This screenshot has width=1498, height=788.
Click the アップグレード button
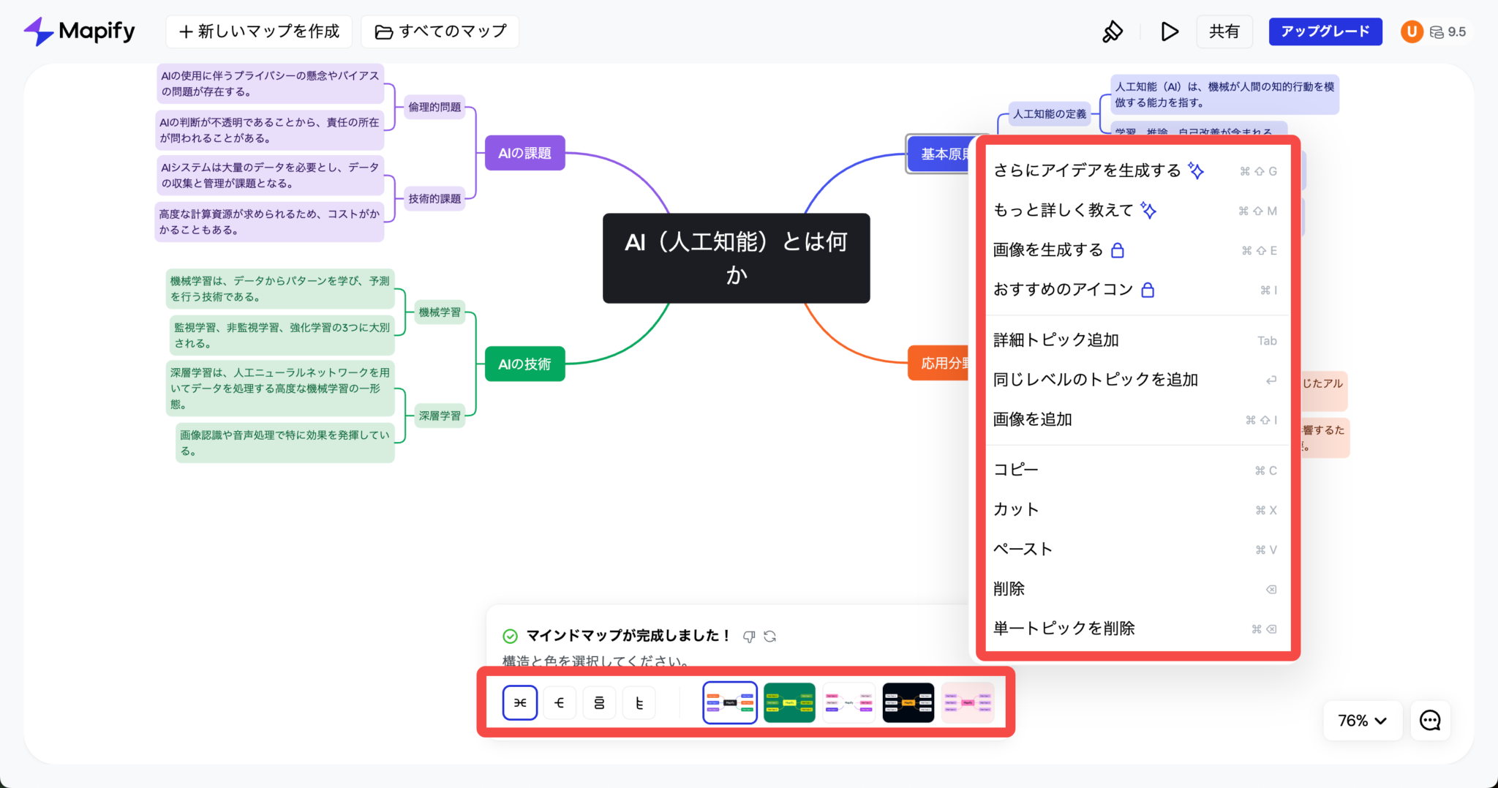(x=1325, y=31)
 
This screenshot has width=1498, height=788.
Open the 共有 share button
(x=1224, y=31)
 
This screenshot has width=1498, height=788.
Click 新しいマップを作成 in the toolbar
(x=259, y=31)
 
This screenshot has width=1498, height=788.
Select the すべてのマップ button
(x=440, y=31)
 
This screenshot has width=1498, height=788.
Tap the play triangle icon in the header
(x=1169, y=31)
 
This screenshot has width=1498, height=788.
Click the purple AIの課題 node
(x=524, y=153)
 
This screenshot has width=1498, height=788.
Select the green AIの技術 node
(x=524, y=364)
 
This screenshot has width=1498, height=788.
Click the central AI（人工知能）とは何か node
(x=736, y=258)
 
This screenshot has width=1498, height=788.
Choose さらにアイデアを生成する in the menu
(x=1087, y=170)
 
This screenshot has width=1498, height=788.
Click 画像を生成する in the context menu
(x=1047, y=250)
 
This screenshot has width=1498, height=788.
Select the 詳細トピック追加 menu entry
(x=1055, y=340)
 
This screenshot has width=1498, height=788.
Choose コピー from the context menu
(x=1015, y=470)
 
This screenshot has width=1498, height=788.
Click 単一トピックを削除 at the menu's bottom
(x=1064, y=628)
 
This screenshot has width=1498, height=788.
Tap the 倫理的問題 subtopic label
(x=434, y=107)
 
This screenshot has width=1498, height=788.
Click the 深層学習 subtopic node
(x=440, y=416)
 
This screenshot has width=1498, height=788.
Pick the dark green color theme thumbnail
(x=789, y=703)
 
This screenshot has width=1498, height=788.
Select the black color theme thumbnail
(x=908, y=703)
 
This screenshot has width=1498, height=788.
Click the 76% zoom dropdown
(x=1362, y=721)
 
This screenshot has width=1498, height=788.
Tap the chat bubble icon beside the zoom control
(x=1430, y=721)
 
